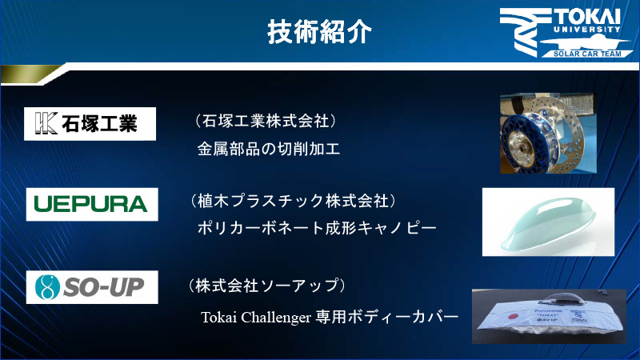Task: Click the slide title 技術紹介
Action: [x=319, y=32]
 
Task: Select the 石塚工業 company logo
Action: [x=90, y=124]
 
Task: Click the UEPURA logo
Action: [x=90, y=203]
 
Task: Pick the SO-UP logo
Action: [x=90, y=286]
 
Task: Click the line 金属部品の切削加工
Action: [x=269, y=149]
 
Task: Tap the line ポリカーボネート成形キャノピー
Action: [x=317, y=228]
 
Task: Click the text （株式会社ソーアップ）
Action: [x=267, y=285]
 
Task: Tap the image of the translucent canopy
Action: [x=548, y=222]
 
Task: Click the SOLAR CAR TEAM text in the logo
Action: [x=585, y=54]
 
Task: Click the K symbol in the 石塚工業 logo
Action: [x=45, y=124]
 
